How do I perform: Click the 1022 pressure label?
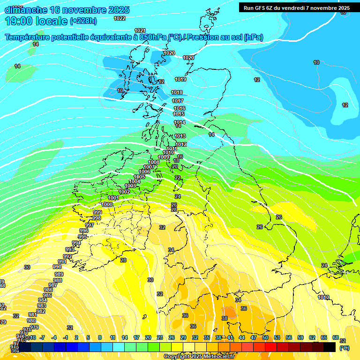click(120, 18)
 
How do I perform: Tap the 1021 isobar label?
click(140, 30)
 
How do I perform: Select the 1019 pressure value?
click(180, 79)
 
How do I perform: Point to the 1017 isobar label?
click(178, 101)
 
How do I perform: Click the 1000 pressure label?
click(107, 204)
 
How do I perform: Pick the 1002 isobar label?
click(124, 192)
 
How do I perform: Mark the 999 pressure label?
click(97, 212)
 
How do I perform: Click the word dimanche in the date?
click(26, 10)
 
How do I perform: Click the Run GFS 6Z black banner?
click(295, 8)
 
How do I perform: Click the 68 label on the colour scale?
click(336, 337)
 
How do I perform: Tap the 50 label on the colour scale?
click(265, 337)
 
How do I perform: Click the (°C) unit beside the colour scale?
click(344, 348)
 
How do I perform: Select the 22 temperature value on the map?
click(178, 178)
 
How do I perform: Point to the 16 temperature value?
click(180, 157)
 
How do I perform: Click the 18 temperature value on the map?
click(176, 161)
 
